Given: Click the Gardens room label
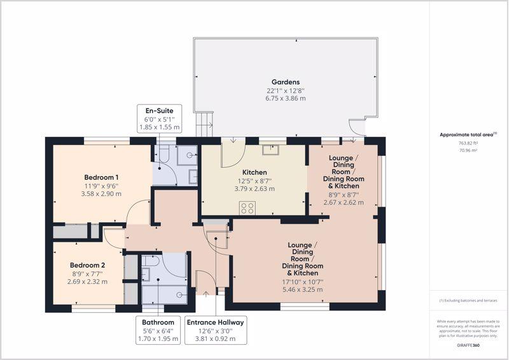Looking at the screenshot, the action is pos(285,82).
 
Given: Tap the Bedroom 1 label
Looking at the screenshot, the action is pos(101,177).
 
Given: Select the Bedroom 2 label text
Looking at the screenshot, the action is pos(87,265).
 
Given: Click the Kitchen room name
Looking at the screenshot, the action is pos(254,172).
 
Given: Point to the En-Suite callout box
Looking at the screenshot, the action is pos(160,118).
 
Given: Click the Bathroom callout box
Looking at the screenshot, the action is pos(158,330).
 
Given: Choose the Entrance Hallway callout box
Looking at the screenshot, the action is pos(216,330).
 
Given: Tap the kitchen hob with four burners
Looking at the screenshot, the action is pos(248,208).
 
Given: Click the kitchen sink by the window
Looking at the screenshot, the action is pos(271,149).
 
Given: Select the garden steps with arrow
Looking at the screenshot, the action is pos(204,124).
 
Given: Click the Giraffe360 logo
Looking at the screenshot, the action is pos(468,345).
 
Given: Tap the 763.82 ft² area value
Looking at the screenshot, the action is pos(468,143).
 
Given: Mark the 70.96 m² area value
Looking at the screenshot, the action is pos(468,150).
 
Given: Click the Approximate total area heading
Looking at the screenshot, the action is pos(468,134).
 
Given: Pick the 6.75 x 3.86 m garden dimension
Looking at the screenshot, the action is pos(285,99).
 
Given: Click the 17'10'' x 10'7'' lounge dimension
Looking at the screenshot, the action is pos(303,282).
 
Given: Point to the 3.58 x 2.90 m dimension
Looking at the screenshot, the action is pos(101,194).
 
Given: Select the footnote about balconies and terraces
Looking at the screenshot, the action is pos(468,301).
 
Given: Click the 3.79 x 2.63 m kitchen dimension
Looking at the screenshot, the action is pos(254,189).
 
